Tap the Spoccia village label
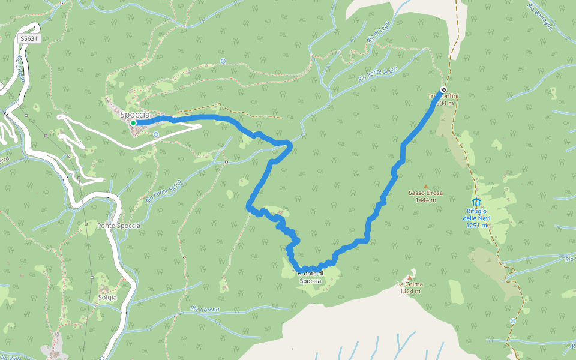tap(134, 114)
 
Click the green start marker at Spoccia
tap(133, 123)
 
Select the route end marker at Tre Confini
tap(443, 90)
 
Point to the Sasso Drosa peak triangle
tap(426, 187)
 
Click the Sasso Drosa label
tap(426, 193)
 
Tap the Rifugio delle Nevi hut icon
tap(476, 202)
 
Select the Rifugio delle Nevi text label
tap(476, 214)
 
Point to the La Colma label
tap(410, 284)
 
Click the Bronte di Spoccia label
tap(310, 278)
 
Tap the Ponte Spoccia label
tap(118, 226)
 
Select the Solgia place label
tap(107, 297)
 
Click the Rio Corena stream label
tap(205, 309)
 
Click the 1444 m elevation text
tap(426, 200)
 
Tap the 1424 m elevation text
tap(410, 292)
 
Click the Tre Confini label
tap(443, 97)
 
